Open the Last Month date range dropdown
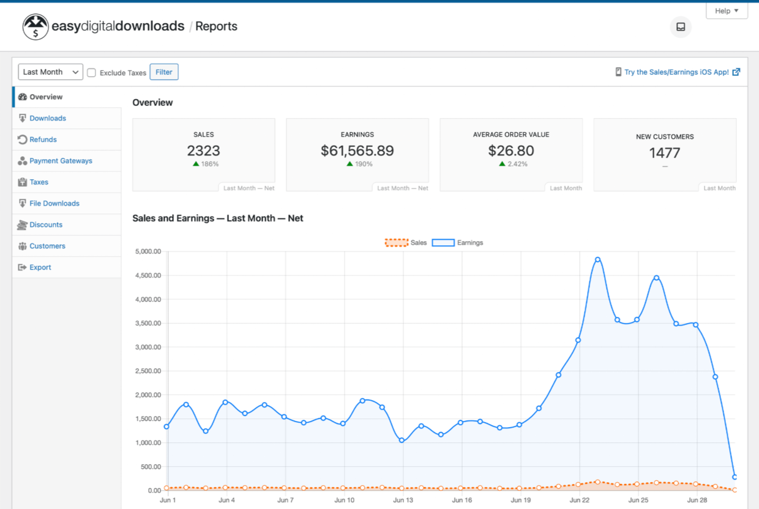pyautogui.click(x=50, y=72)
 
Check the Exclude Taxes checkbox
pyautogui.click(x=92, y=73)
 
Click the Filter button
pyautogui.click(x=163, y=72)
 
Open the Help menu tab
pyautogui.click(x=727, y=11)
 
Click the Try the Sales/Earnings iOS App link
pyautogui.click(x=676, y=72)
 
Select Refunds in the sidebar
pyautogui.click(x=43, y=139)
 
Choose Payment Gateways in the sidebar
pyautogui.click(x=61, y=161)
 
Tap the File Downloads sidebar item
pyautogui.click(x=54, y=203)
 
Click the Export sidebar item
pyautogui.click(x=40, y=267)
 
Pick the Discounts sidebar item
pyautogui.click(x=46, y=225)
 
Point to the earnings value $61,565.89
pyautogui.click(x=357, y=150)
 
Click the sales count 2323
pyautogui.click(x=203, y=150)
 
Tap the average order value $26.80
pyautogui.click(x=511, y=150)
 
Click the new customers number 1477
pyautogui.click(x=665, y=152)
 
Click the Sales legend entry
pyautogui.click(x=406, y=243)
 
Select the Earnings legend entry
pyautogui.click(x=457, y=243)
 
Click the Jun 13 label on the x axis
pyautogui.click(x=403, y=500)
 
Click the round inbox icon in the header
pyautogui.click(x=681, y=27)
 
